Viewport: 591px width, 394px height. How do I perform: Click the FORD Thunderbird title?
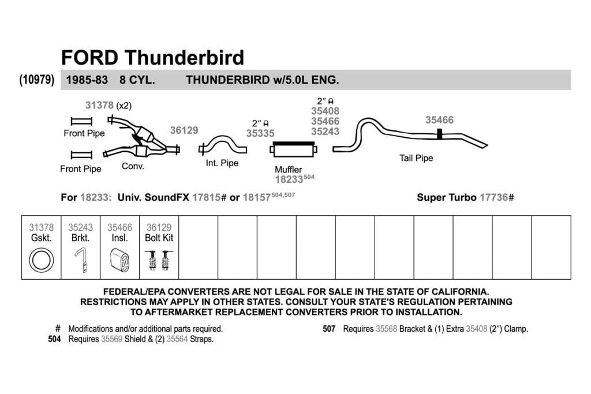pos(152,58)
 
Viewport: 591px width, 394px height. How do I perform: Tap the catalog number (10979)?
pos(36,80)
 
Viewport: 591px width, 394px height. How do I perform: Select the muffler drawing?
pos(294,149)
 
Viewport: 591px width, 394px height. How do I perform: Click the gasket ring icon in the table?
pos(41,260)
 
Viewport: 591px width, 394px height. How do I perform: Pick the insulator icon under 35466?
pos(120,260)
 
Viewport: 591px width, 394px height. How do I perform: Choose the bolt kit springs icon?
pos(159,260)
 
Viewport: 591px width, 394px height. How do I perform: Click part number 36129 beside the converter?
pos(184,130)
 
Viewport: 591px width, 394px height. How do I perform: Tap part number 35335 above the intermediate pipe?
pos(260,133)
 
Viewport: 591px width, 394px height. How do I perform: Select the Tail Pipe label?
pos(416,158)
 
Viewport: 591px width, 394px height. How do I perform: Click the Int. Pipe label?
pos(222,163)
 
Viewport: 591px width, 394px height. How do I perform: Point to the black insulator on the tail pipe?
pos(439,134)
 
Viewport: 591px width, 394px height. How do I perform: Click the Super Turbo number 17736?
pos(494,197)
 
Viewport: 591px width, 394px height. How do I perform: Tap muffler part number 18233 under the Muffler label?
pos(289,179)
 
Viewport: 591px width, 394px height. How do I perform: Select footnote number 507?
pos(328,329)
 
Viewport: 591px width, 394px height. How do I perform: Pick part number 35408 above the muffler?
pos(325,111)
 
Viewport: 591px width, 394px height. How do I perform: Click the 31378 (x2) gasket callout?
pos(109,105)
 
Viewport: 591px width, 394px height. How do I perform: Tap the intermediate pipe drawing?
pos(222,145)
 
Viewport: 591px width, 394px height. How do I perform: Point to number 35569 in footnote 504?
pos(111,339)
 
